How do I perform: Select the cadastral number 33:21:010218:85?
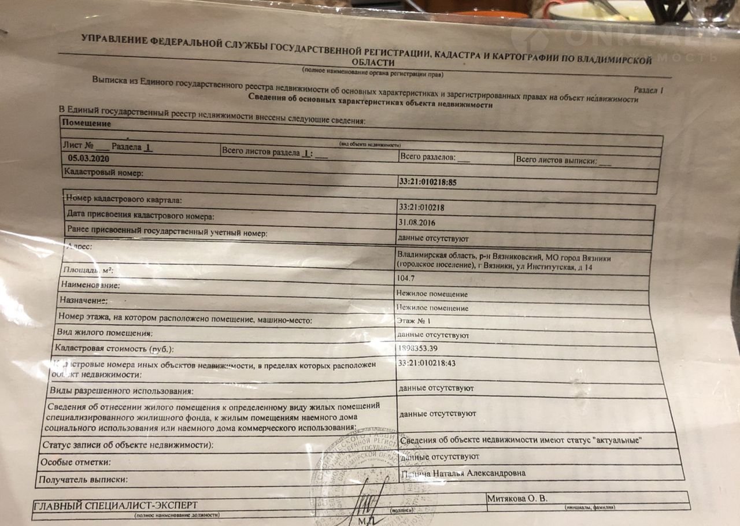(428, 182)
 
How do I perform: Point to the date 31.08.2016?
(417, 223)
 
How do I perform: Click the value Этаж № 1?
(415, 321)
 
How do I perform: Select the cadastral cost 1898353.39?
(425, 349)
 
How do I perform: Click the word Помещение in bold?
(86, 123)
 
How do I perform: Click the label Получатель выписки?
(83, 480)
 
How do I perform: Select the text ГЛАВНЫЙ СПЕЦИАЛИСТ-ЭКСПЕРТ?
(116, 505)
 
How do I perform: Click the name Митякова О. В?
(516, 498)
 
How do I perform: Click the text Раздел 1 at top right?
(648, 91)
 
